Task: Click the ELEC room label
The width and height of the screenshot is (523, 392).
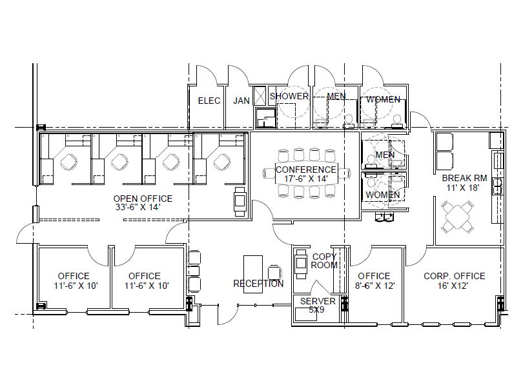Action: click(x=209, y=101)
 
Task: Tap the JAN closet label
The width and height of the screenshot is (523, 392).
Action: click(x=241, y=101)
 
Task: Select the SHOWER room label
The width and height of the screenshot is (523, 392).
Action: click(x=289, y=96)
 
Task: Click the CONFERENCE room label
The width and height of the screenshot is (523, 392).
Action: click(x=306, y=170)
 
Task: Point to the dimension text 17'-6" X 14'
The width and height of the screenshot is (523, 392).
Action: click(x=306, y=179)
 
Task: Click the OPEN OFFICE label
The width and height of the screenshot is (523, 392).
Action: click(x=143, y=199)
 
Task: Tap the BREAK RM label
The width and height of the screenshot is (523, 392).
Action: click(x=464, y=178)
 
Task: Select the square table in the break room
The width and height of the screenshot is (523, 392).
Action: click(x=457, y=217)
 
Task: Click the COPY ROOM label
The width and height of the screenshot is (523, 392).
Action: click(x=324, y=260)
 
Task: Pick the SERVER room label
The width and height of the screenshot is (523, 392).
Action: click(x=318, y=301)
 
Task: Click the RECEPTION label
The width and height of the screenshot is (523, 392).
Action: click(x=258, y=284)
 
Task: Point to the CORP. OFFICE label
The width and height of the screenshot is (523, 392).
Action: click(x=454, y=276)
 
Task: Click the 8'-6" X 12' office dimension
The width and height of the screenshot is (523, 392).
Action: click(x=375, y=286)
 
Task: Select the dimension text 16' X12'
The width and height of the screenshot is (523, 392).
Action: click(x=453, y=286)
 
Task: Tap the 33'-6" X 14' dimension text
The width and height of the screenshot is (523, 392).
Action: click(x=138, y=207)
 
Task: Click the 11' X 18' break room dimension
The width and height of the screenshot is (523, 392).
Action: click(x=462, y=188)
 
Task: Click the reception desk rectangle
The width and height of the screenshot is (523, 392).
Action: click(x=253, y=274)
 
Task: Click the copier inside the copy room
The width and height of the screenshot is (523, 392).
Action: click(x=301, y=264)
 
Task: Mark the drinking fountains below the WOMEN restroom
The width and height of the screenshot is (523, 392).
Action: click(x=384, y=217)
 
